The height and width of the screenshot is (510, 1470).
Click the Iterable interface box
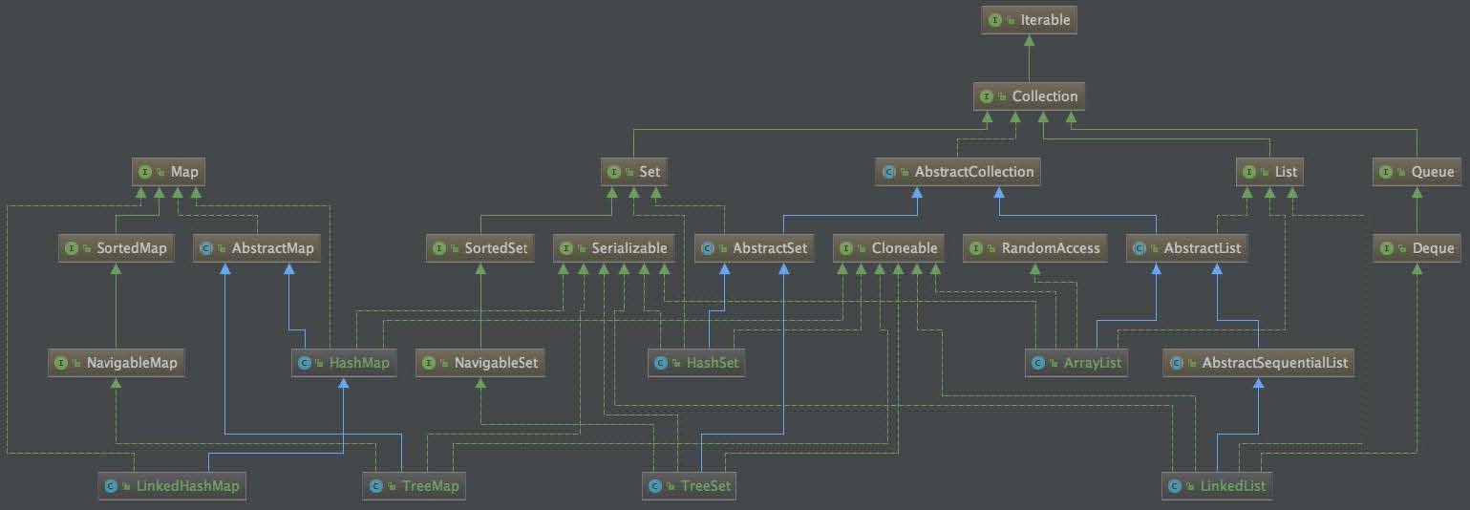tap(1029, 20)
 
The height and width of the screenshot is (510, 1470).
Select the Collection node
tap(1029, 96)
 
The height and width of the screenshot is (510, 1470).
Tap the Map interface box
tap(168, 171)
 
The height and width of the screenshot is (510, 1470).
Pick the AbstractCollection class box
tap(957, 171)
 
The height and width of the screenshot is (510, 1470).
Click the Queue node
tap(1417, 171)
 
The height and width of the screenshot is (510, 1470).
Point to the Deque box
tap(1417, 248)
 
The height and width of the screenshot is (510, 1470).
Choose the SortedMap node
tap(116, 248)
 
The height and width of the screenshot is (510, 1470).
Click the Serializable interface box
tap(613, 248)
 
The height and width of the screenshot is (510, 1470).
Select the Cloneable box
tap(888, 248)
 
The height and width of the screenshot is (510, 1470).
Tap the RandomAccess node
tap(1034, 248)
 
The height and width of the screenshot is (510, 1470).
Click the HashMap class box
tap(344, 362)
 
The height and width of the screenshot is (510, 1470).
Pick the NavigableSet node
tap(480, 362)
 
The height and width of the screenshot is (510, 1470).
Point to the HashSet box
tap(696, 362)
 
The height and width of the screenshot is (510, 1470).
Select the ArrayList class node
tap(1076, 362)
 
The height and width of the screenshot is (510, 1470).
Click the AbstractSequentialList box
tap(1258, 362)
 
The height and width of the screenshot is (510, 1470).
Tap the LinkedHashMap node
tap(172, 486)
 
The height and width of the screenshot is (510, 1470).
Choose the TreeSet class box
tap(689, 486)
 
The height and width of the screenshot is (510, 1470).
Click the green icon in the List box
tap(1248, 172)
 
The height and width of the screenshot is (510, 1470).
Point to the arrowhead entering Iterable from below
tap(1029, 40)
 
